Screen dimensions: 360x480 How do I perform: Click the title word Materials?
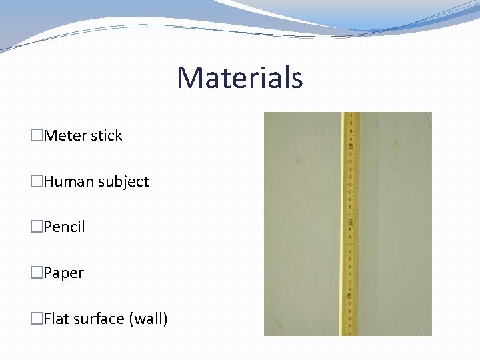coord(239,77)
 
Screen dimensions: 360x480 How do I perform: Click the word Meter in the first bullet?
coord(65,135)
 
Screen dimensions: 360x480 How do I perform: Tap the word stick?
coord(107,135)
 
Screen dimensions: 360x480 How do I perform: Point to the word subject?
coord(123,181)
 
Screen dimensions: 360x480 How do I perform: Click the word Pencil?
coord(64,227)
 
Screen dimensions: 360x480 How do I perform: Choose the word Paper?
coord(63,273)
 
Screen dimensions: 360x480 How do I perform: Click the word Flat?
coord(57,319)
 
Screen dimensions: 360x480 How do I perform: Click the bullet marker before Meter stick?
coord(37,135)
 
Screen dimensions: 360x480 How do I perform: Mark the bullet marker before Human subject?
coord(37,181)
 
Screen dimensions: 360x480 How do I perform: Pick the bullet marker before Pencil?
coord(37,227)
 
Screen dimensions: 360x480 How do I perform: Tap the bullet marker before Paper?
coord(37,273)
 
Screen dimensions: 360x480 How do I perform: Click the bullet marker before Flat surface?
coord(37,319)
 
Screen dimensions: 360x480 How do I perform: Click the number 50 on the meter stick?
coord(350,220)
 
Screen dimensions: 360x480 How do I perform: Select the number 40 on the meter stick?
coord(350,295)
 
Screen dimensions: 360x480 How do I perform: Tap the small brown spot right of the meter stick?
coord(395,143)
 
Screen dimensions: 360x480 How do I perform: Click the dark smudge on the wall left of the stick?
coord(298,160)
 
